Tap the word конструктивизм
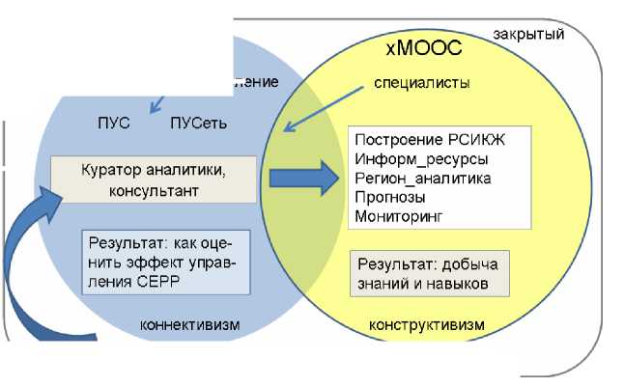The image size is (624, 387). [427, 324]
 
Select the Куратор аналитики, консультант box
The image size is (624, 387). [154, 180]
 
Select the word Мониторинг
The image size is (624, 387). [398, 217]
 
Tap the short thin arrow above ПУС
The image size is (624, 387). [157, 98]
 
